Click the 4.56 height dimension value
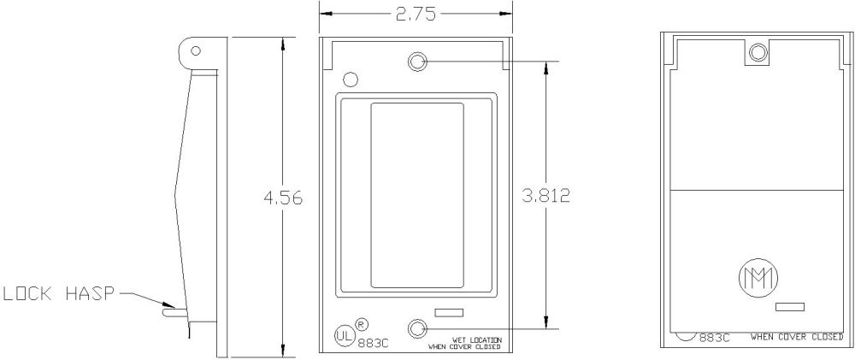282,197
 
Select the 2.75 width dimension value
416,15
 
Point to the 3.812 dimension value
545,196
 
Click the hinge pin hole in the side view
196,50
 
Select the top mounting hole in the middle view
417,61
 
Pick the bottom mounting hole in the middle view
417,329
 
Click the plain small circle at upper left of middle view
350,80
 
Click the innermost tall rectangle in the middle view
416,196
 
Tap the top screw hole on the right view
756,53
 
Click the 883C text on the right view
714,338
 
